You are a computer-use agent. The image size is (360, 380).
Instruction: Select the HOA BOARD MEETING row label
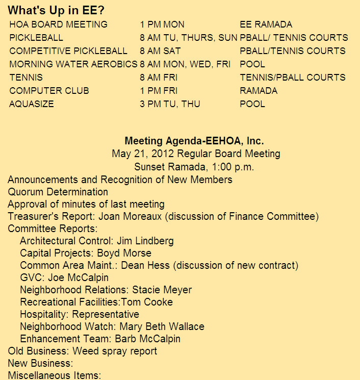58,24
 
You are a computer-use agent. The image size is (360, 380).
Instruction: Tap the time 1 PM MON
162,24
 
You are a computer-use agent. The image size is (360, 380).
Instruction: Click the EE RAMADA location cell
266,24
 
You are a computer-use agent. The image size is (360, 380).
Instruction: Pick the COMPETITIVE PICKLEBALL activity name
68,51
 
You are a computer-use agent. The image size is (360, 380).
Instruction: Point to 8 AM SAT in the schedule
160,51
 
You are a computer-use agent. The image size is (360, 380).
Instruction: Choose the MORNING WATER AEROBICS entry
73,64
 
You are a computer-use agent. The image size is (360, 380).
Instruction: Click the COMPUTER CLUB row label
49,91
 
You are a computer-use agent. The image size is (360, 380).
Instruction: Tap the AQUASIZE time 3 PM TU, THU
170,104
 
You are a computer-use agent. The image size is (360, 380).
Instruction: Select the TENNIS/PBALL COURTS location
293,78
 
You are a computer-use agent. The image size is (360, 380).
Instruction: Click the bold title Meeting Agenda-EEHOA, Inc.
194,141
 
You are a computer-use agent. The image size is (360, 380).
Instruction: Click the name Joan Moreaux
131,217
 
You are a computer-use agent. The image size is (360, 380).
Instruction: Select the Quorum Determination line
58,192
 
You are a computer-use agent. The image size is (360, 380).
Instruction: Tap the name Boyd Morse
124,253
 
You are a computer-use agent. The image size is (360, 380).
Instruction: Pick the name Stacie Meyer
162,290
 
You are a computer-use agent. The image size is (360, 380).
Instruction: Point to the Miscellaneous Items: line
55,375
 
